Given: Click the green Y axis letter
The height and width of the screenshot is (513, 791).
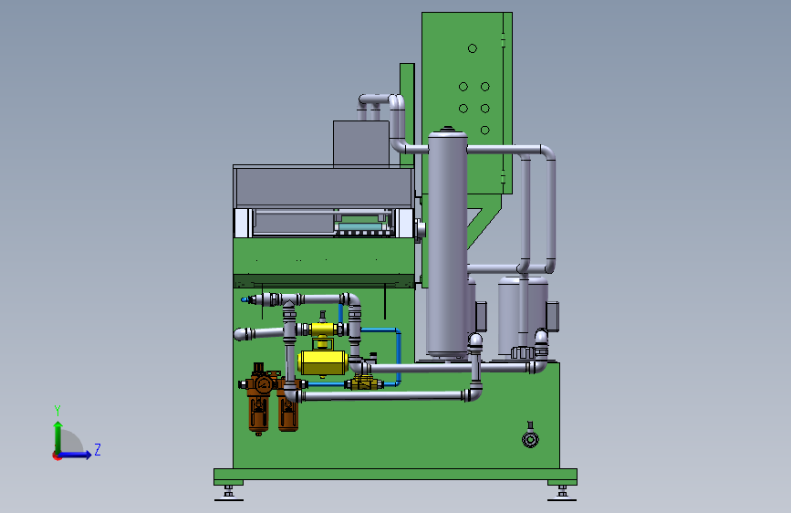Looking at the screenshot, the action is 57,411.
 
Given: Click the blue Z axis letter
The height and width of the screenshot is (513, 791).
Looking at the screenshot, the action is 98,449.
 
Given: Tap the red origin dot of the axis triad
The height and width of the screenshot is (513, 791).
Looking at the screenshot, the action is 56,455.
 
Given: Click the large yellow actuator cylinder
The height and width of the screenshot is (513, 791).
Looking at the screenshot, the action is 323,363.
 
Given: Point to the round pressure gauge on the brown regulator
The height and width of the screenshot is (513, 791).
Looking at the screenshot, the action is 264,385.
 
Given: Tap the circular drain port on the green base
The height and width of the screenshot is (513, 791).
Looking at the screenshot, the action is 530,440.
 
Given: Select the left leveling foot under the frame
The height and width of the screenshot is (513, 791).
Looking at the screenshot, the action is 228,493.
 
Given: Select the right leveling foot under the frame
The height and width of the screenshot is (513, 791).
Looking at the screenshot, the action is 562,493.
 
